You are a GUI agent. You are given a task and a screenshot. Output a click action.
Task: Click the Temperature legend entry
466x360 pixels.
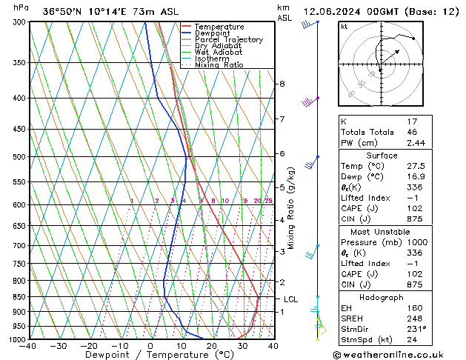tap(219, 27)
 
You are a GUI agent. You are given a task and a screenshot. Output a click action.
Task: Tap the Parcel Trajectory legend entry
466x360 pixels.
tap(229, 40)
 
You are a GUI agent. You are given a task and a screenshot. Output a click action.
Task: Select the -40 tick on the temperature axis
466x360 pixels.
tap(29, 346)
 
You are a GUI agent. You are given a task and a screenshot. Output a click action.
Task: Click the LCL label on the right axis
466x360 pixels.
tap(291, 299)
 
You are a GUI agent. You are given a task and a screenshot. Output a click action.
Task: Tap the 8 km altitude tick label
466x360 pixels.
tap(282, 84)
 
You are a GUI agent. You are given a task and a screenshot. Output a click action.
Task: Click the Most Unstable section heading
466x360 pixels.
tap(381, 232)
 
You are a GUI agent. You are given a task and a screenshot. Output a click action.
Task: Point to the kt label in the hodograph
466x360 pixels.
tap(344, 27)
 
